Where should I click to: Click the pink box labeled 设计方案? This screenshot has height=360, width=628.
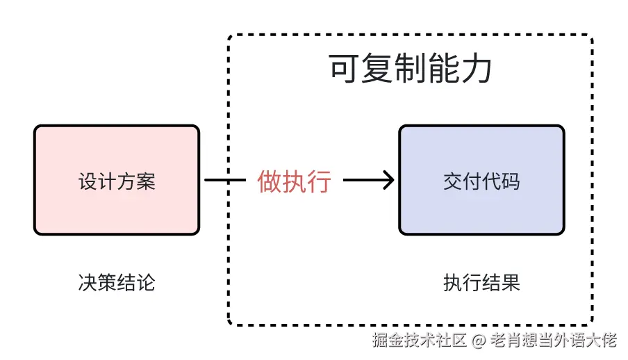[x=117, y=180]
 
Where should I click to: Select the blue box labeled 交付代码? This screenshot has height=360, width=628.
[x=481, y=180]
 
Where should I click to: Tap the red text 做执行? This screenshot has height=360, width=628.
[x=295, y=181]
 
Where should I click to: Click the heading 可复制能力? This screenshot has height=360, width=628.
[x=411, y=69]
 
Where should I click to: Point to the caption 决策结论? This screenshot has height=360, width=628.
[x=117, y=283]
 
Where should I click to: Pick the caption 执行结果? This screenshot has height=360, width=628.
[x=481, y=283]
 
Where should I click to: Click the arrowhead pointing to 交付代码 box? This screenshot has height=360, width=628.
[x=389, y=181]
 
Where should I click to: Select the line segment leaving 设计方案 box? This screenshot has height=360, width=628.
[x=226, y=181]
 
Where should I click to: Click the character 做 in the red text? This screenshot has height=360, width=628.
[x=270, y=181]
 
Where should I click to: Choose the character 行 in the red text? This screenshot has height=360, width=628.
[x=320, y=181]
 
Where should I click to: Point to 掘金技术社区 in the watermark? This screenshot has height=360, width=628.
[x=420, y=341]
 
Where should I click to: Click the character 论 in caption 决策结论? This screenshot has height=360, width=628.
[x=145, y=283]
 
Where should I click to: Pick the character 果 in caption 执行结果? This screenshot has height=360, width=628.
[x=510, y=283]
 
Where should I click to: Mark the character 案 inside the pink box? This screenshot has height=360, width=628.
[x=145, y=182]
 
